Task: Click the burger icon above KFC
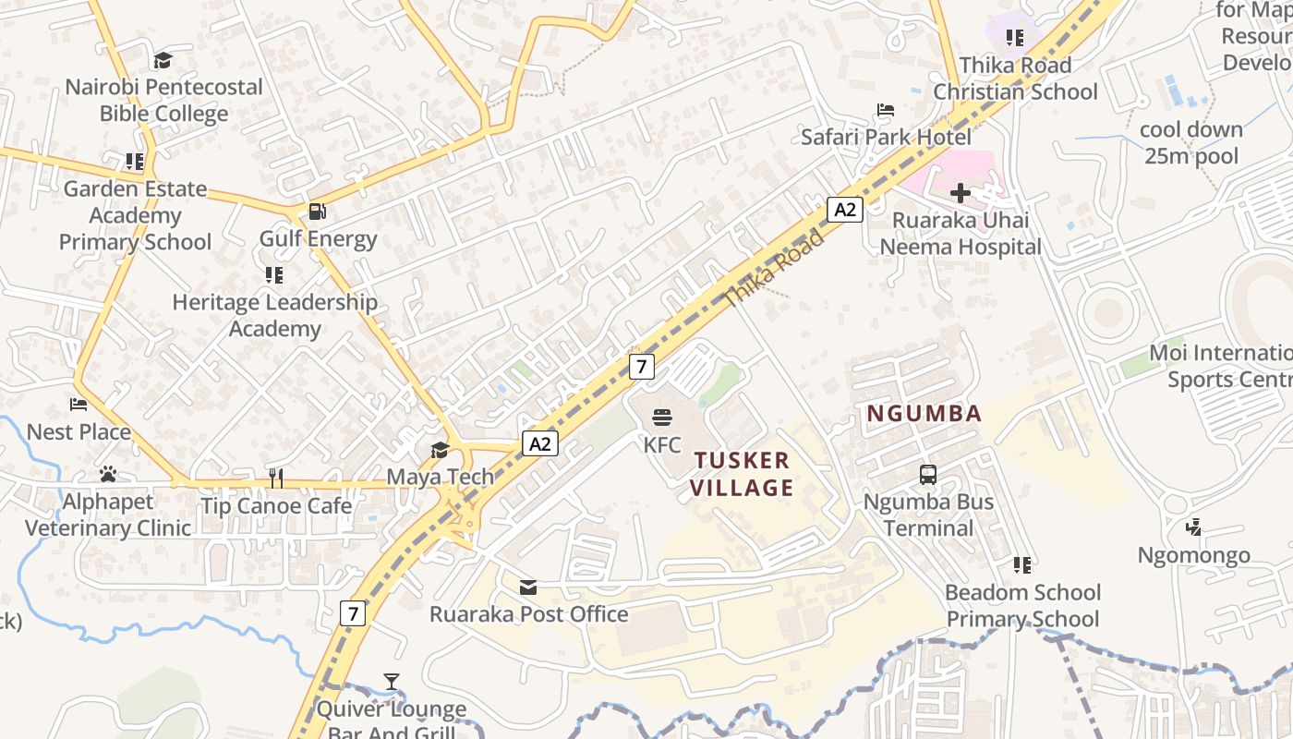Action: point(662,417)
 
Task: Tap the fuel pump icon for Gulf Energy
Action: point(317,212)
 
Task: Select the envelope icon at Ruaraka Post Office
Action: point(528,588)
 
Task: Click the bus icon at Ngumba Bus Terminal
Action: point(928,475)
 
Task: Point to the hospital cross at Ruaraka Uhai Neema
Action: point(961,193)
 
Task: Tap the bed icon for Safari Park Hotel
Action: point(886,111)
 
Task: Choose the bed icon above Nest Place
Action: point(79,405)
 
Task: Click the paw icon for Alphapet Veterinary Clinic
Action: point(108,475)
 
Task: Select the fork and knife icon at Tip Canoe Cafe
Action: point(276,478)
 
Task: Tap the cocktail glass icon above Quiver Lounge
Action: point(392,682)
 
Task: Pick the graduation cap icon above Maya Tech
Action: point(440,450)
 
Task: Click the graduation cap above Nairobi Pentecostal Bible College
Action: point(163,60)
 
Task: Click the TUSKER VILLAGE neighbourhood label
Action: point(743,474)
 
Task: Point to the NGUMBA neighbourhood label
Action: point(924,414)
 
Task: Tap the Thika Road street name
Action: point(773,269)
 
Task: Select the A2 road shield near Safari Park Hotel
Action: point(844,210)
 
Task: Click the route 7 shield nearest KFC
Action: point(642,366)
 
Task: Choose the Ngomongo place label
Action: point(1193,555)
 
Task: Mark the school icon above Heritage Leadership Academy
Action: point(273,275)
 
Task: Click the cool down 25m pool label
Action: point(1191,143)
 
